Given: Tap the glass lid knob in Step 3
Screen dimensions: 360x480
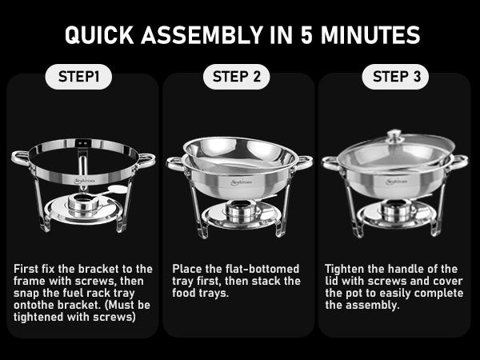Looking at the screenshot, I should click(394, 137).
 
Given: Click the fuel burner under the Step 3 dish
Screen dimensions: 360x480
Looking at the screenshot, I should click(394, 211).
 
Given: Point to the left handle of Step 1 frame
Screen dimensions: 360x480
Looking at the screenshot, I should click(21, 158).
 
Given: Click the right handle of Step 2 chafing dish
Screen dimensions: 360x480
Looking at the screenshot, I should click(303, 162).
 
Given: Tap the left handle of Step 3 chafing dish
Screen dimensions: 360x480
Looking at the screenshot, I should click(330, 162).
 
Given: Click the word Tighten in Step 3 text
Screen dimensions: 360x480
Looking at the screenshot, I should click(347, 269).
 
